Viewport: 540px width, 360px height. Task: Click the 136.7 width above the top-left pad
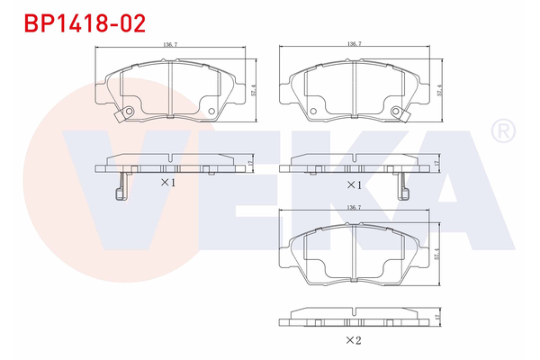168,43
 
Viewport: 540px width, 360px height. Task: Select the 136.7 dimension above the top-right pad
354,43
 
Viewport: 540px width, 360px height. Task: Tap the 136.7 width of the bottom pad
354,208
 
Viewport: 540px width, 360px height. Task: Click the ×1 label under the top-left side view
167,183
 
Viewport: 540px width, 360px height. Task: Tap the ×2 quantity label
354,340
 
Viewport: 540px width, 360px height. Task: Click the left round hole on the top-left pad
128,112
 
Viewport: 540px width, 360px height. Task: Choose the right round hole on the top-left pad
211,112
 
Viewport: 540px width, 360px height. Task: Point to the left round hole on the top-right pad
314,112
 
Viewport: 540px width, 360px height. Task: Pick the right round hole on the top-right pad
398,112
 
